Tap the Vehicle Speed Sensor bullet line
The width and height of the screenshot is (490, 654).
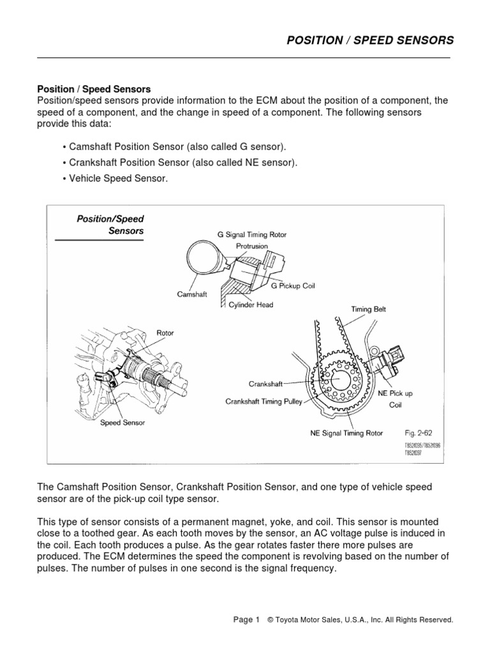coord(115,179)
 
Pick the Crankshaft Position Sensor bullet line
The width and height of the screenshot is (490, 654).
coord(181,163)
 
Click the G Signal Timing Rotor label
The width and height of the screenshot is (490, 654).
coord(253,235)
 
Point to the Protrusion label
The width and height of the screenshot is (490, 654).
coord(254,246)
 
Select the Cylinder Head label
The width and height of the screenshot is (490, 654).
coord(251,305)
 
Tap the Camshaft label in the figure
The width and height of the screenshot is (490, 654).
coord(192,294)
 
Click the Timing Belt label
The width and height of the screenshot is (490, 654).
coord(368,309)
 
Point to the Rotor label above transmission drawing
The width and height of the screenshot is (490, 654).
coord(165,333)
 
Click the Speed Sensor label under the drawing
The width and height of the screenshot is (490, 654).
coord(122,423)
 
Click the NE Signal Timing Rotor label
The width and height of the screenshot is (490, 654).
coord(346,433)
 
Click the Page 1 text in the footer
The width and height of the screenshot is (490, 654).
coord(246,620)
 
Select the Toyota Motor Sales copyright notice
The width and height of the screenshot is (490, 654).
coord(360,620)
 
